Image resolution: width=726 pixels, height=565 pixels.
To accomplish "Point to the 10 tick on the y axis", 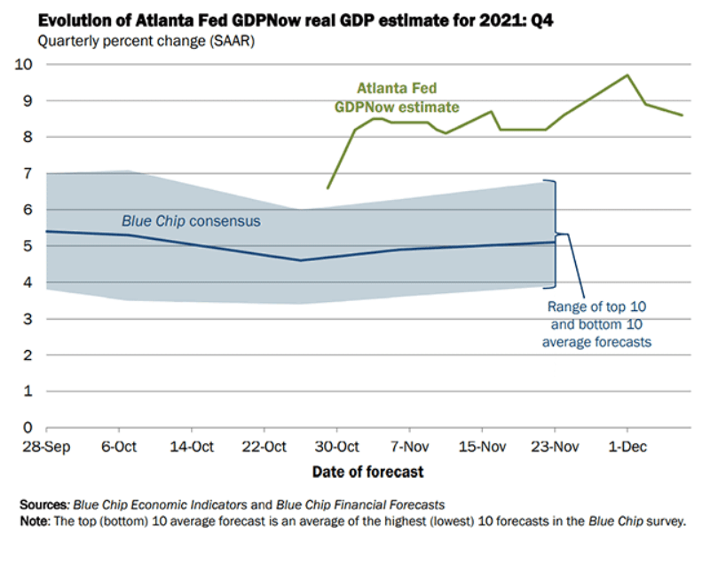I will click(x=25, y=64).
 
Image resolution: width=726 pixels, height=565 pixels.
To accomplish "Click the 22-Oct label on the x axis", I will click(x=263, y=446).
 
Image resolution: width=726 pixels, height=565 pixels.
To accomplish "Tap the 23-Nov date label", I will click(x=554, y=446).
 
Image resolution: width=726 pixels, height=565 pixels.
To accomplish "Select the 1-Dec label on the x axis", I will click(x=626, y=446).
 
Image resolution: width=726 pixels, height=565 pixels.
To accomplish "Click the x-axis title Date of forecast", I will click(x=367, y=472).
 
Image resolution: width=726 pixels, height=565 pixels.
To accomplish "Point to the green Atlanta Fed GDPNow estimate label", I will click(x=397, y=98).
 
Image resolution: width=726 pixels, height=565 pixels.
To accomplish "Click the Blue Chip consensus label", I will click(x=191, y=220).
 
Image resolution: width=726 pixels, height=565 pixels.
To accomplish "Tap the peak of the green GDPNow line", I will click(x=627, y=75).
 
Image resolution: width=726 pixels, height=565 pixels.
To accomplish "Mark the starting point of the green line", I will click(x=327, y=187).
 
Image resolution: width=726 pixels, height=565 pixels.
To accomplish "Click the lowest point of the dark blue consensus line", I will click(x=300, y=260).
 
